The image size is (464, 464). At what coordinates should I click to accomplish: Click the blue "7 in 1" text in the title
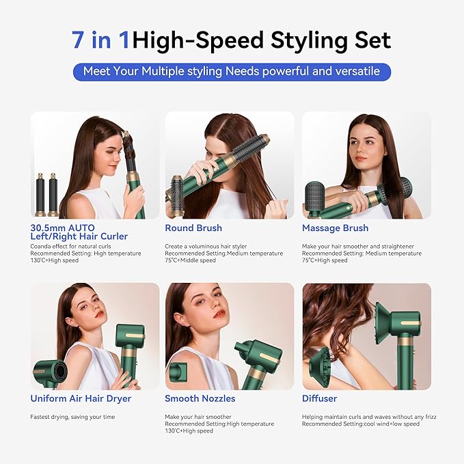coord(101,40)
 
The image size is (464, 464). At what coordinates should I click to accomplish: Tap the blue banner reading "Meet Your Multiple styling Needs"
coord(232,71)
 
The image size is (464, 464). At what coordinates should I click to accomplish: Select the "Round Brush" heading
coord(193,228)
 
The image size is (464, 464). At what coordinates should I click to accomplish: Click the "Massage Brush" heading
coord(335,228)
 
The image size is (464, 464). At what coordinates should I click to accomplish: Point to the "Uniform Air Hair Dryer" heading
coord(81,398)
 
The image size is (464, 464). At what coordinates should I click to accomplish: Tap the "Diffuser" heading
coord(319,398)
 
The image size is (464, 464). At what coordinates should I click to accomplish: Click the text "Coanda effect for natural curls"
coord(62,246)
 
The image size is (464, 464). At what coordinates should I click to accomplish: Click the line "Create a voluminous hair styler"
coord(206,246)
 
